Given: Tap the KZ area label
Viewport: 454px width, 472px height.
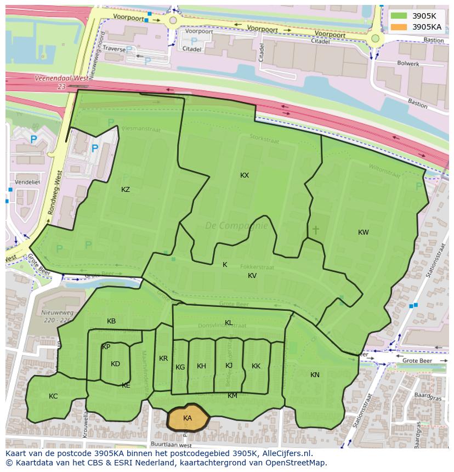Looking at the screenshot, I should pos(126,190).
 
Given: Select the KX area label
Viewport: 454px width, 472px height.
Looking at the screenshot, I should pos(245,175).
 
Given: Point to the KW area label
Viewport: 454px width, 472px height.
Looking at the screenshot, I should pos(363,232).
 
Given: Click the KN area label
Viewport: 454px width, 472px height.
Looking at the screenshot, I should pos(315,375).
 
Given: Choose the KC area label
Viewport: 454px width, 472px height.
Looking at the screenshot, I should pos(53,396).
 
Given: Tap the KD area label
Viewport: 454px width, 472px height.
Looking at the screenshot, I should pos(115,364).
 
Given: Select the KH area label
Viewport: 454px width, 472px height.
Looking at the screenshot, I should pos(201,366).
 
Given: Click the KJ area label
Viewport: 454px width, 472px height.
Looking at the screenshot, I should pos(229,366).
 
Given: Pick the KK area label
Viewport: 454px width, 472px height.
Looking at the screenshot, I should pos(256,366).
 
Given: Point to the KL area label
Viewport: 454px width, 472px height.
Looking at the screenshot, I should pos(229,323).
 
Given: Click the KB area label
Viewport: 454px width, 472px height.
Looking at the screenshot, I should pos(111,321).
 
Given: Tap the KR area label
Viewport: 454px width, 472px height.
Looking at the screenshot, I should pos(163,359).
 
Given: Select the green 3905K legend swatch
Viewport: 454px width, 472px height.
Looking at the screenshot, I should pos(399,16).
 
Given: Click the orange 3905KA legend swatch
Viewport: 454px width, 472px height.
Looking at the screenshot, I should pos(399,26).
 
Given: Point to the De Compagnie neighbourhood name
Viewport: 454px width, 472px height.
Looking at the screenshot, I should pos(236,225).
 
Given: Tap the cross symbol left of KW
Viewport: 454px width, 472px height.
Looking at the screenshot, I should pos(315,230).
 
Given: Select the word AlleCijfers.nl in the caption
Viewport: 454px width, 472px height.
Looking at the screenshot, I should pos(285,453).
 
